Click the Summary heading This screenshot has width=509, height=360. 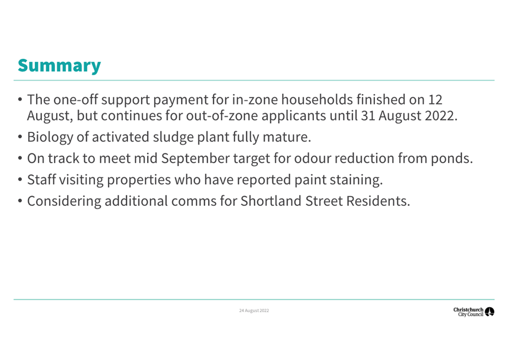click(59, 66)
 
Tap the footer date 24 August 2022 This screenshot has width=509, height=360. click(254, 310)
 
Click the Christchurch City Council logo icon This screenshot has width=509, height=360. click(489, 312)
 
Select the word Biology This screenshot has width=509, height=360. click(50, 137)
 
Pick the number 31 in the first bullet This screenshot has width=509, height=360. click(368, 116)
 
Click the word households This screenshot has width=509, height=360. click(317, 100)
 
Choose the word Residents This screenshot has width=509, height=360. click(378, 201)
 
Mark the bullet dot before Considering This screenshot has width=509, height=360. click(20, 201)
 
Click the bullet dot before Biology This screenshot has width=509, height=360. click(20, 137)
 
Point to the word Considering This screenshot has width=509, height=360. click(64, 202)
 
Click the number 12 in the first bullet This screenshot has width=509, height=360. click(435, 100)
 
